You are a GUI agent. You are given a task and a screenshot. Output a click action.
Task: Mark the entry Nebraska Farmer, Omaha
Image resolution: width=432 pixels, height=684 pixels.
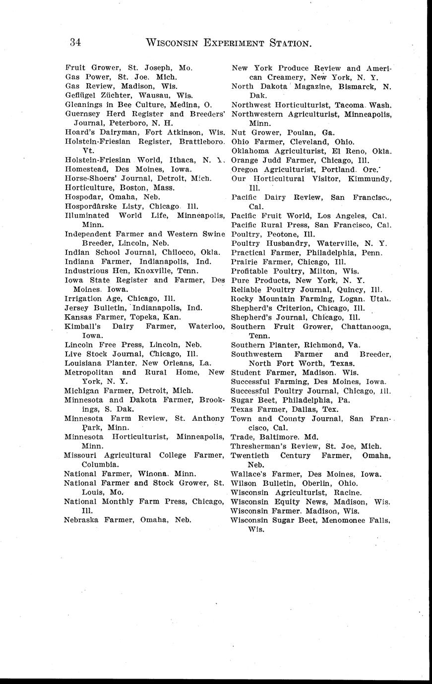pos(127,520)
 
